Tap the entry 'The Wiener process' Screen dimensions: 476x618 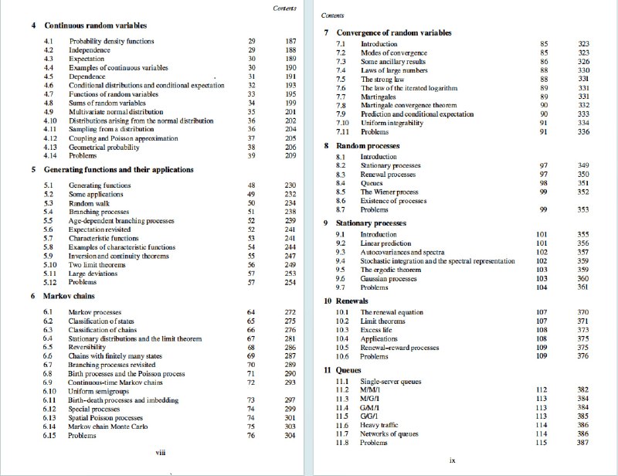pos(389,191)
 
